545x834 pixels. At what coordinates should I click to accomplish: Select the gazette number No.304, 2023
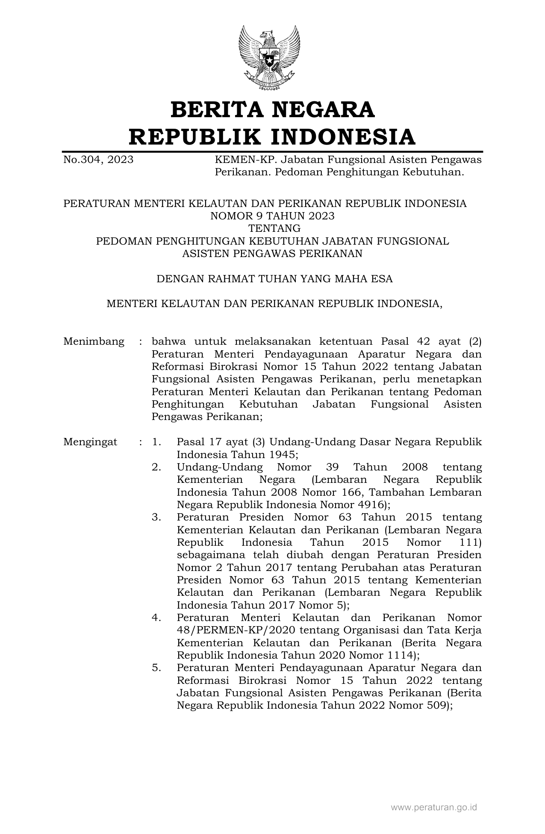pyautogui.click(x=98, y=160)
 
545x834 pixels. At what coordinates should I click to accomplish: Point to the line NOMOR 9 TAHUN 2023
pyautogui.click(x=272, y=216)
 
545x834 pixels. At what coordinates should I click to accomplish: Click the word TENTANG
pyautogui.click(x=272, y=228)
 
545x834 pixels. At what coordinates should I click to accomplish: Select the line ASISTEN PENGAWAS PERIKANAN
pyautogui.click(x=272, y=254)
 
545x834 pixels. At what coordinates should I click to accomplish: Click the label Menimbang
pyautogui.click(x=94, y=342)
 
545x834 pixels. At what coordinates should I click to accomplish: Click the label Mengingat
pyautogui.click(x=90, y=442)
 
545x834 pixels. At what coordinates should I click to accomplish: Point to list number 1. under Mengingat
pyautogui.click(x=156, y=442)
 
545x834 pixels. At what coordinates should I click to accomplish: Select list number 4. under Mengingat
pyautogui.click(x=156, y=618)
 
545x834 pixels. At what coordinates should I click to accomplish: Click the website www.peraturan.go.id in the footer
pyautogui.click(x=434, y=807)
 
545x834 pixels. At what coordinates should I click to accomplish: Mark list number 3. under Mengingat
pyautogui.click(x=156, y=517)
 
